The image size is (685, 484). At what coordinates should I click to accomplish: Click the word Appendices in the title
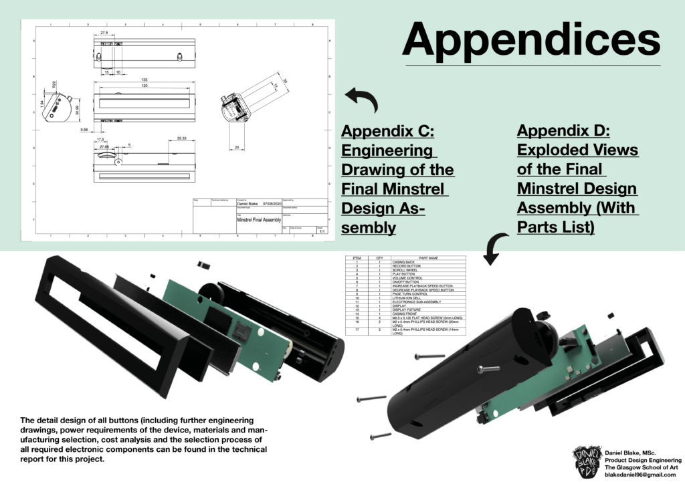click(x=531, y=38)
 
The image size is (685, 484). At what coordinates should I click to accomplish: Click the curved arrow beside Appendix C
click(x=361, y=100)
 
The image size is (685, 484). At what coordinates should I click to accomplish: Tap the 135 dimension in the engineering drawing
click(x=143, y=80)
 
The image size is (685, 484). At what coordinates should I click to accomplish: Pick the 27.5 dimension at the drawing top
click(x=104, y=32)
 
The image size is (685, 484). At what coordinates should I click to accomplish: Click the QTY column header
click(x=379, y=257)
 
